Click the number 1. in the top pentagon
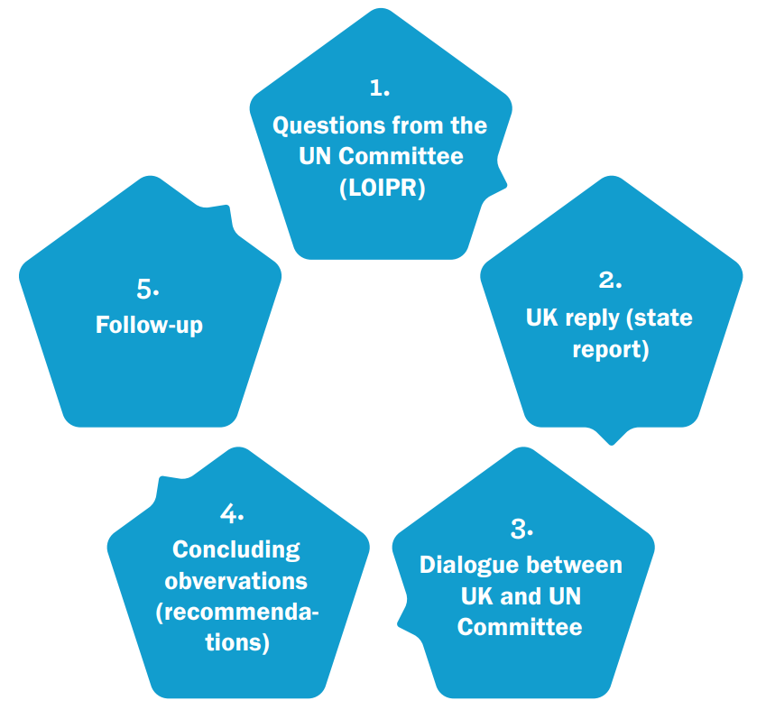(x=380, y=88)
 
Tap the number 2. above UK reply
(x=611, y=281)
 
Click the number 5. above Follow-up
(x=148, y=290)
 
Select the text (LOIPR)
(x=380, y=189)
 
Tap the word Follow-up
(x=150, y=324)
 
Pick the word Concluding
(x=236, y=548)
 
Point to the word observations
(x=236, y=580)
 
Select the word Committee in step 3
(x=520, y=627)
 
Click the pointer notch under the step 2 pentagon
(x=612, y=437)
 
